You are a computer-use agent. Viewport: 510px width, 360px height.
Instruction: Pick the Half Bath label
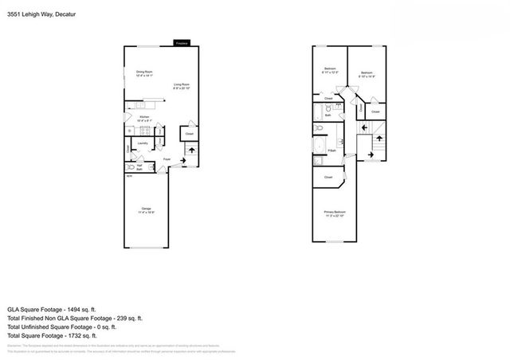pos(139,168)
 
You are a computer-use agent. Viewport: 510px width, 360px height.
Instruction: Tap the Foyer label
pos(167,159)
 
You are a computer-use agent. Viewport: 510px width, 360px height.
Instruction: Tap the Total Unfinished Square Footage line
pos(62,327)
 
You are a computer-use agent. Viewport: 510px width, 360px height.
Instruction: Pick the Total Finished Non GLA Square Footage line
pos(74,317)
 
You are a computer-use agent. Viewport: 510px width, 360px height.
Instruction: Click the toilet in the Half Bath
pos(131,168)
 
